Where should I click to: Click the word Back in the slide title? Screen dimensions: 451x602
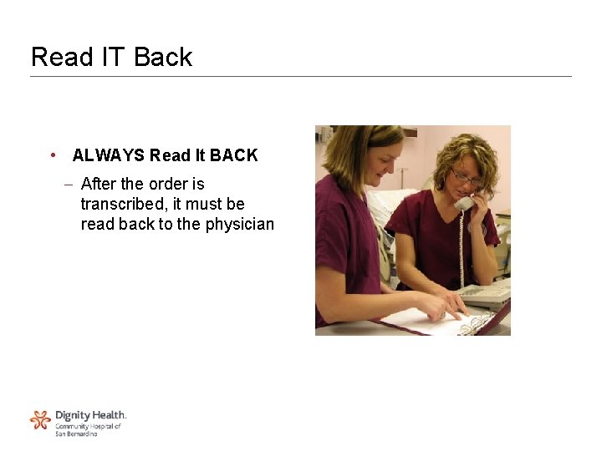point(163,57)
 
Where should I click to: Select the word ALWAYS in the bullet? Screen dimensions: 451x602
point(108,155)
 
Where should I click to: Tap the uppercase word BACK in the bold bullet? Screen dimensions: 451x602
point(233,155)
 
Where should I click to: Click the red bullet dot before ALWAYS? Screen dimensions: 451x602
point(53,155)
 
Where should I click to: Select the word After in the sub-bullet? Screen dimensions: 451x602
point(99,184)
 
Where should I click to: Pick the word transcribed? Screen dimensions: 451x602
point(125,204)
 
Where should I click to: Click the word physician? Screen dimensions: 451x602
point(238,225)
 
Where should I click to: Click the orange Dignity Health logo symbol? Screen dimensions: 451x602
point(40,419)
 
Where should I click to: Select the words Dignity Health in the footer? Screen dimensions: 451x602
point(90,415)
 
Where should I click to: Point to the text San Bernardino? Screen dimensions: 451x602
point(76,434)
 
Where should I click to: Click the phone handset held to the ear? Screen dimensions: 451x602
point(464,202)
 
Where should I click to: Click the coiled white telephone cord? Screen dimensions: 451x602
point(461,246)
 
